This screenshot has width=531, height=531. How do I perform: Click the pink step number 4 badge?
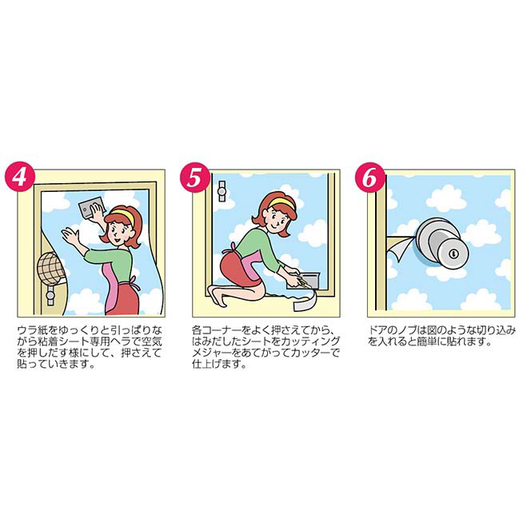coord(20,177)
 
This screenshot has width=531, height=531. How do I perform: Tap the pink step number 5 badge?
coord(195,177)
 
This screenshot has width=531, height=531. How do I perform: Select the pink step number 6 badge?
coord(370,177)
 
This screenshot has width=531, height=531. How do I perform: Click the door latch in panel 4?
coord(50,295)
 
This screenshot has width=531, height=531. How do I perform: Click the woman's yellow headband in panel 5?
coord(281,203)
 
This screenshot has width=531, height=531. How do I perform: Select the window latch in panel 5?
coord(222,192)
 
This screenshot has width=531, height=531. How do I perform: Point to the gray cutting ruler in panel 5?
coord(303,280)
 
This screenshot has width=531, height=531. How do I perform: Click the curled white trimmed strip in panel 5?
coord(305,302)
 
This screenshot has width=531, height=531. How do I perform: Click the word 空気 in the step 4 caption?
coord(151,341)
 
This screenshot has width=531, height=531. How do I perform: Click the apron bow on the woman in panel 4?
coord(134,283)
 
